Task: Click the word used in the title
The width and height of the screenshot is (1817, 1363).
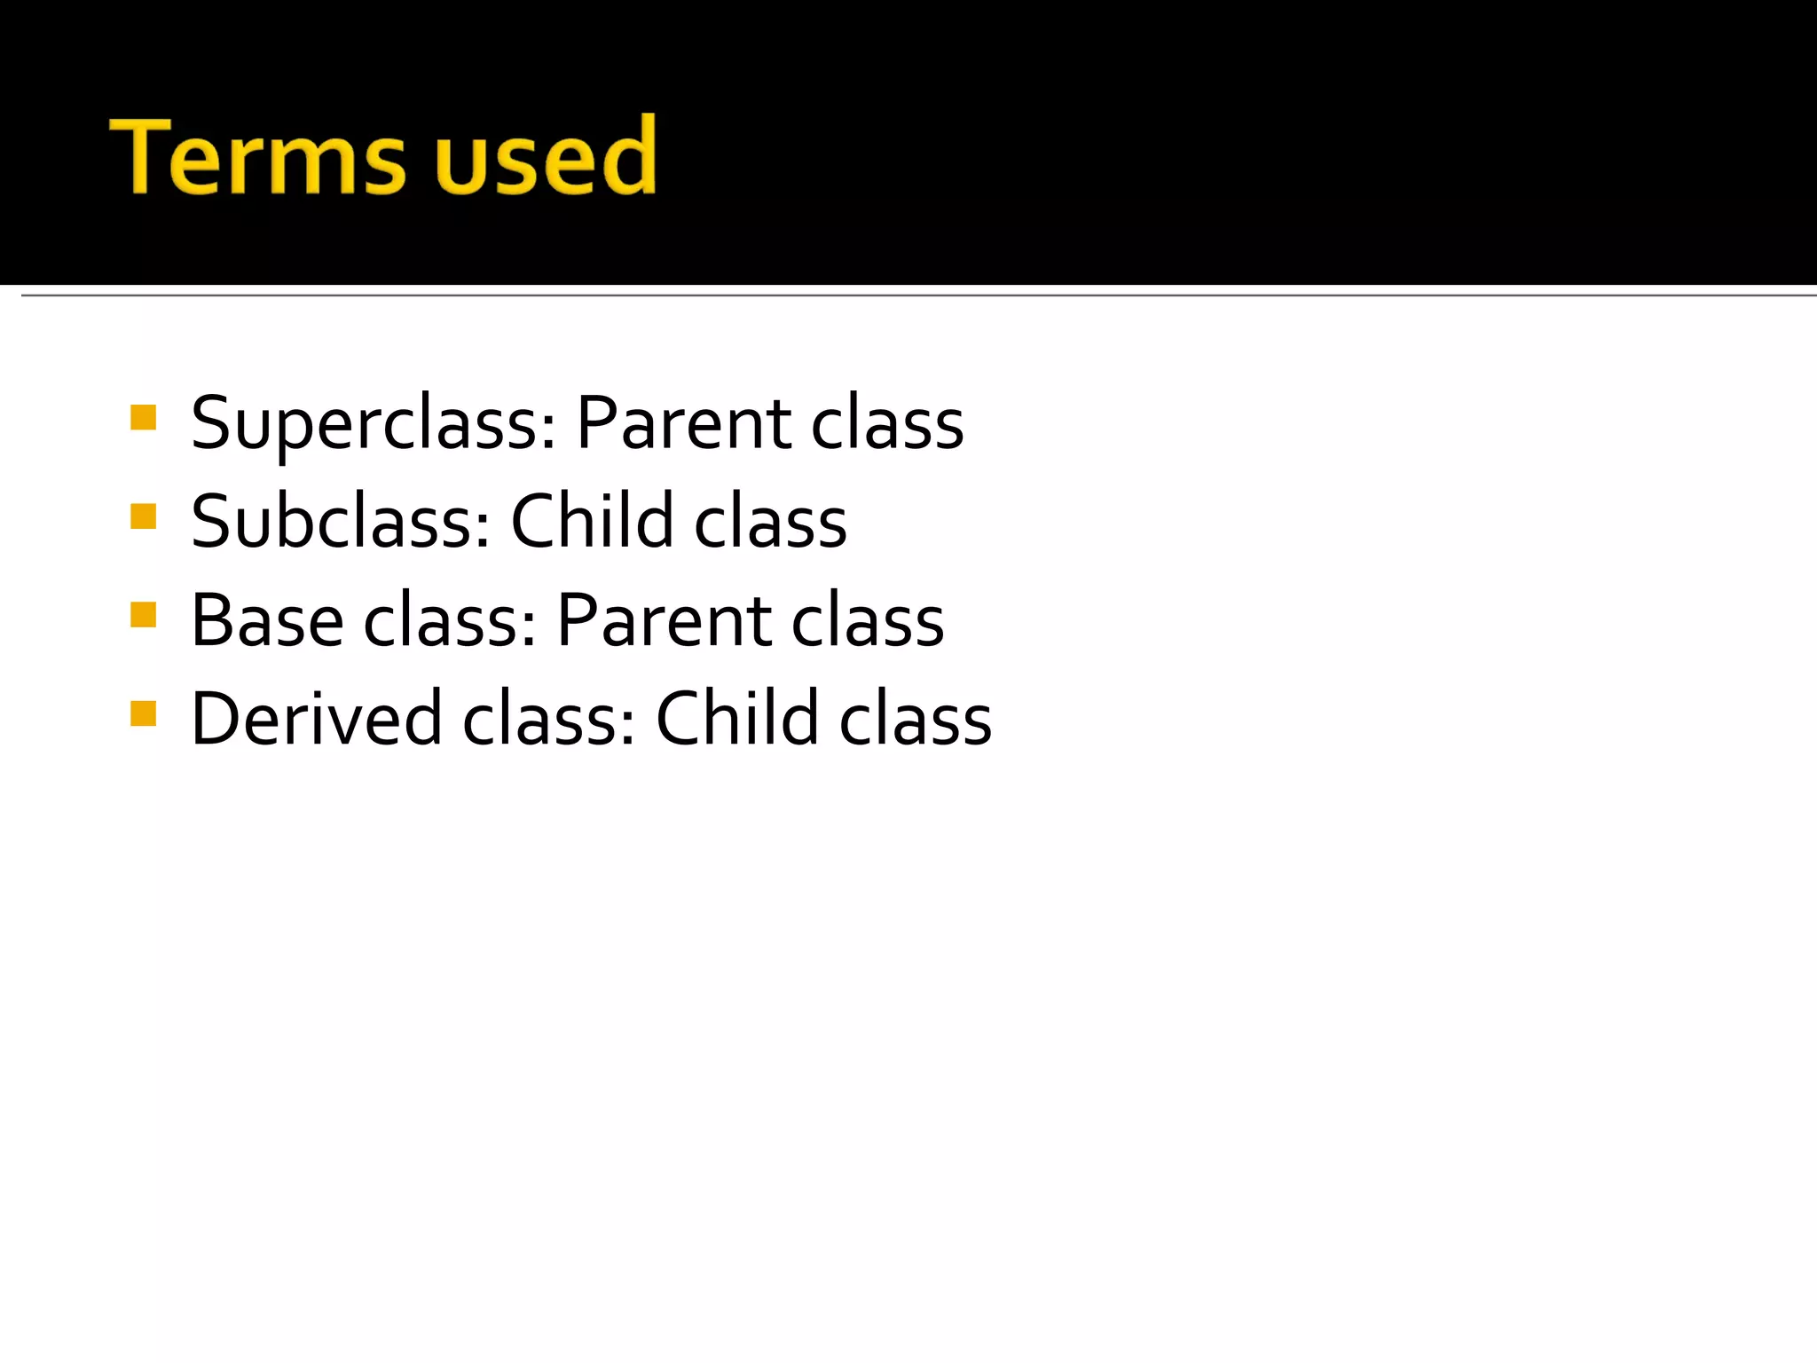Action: tap(545, 157)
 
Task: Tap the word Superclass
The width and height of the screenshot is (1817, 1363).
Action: tap(373, 424)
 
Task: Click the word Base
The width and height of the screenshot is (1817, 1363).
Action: tap(267, 621)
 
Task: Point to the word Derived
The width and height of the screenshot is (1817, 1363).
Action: tap(316, 719)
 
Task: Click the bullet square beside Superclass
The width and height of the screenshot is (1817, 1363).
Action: tap(143, 417)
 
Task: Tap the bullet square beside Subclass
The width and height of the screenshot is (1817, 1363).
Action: tap(143, 516)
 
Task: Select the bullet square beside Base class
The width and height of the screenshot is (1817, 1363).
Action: tap(143, 614)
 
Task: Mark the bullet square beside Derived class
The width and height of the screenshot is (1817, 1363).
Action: tap(143, 713)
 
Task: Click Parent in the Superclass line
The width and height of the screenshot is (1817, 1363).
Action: tap(683, 424)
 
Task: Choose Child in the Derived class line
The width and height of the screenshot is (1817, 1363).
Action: tap(736, 719)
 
